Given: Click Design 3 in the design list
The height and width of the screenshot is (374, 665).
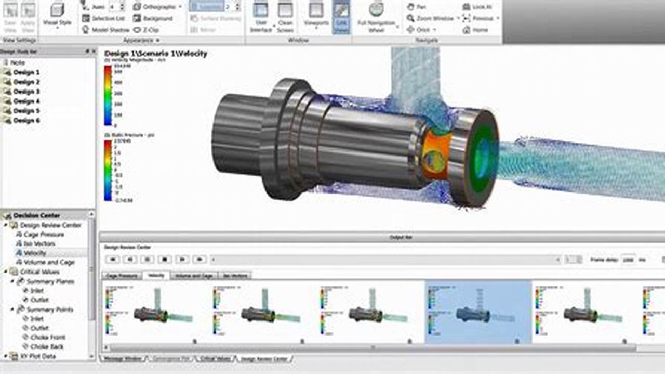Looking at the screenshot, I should [26, 92].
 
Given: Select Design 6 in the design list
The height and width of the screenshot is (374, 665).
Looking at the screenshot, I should [26, 120].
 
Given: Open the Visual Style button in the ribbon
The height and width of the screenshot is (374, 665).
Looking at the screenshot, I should [57, 14].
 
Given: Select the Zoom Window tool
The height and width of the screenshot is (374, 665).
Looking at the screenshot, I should [434, 18].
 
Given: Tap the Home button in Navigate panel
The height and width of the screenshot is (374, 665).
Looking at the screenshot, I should [480, 30].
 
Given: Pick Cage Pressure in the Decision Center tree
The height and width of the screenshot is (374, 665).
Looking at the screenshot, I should [44, 235].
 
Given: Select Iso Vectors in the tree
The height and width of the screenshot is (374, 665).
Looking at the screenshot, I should [39, 243].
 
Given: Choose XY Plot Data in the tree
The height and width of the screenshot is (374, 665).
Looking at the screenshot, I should [38, 356].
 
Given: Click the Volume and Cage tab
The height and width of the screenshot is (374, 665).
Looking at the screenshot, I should [194, 276].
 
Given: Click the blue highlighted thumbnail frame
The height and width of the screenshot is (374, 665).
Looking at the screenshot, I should [478, 312].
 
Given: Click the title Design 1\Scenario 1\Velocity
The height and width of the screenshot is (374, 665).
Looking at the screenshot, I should [156, 54].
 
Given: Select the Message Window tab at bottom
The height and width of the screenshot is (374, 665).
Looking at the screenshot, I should [123, 359].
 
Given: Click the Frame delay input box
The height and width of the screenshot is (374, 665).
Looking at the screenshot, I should [628, 259].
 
